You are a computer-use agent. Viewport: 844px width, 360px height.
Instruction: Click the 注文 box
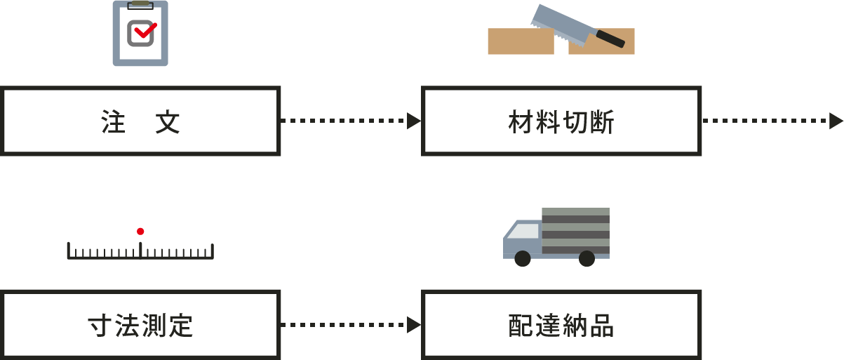tap(140, 121)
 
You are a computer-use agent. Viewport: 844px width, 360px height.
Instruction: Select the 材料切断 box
tap(561, 121)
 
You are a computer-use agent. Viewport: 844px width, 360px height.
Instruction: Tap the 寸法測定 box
tap(140, 324)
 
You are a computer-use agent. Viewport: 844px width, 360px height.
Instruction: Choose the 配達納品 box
tap(561, 324)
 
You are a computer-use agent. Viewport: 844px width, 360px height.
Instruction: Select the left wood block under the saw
tap(520, 43)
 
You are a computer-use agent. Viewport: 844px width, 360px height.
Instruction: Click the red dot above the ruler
tap(140, 231)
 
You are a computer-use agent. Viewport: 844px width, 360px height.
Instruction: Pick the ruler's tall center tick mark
tap(140, 248)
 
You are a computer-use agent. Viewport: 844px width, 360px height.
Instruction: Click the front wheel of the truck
tap(523, 259)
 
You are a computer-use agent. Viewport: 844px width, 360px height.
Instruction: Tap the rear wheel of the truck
tap(587, 259)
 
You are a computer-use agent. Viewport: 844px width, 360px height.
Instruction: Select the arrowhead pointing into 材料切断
tap(414, 121)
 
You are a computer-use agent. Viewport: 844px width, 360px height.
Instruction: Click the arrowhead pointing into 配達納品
tap(414, 324)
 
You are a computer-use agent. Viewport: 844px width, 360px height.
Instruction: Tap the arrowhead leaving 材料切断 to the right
tap(836, 121)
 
